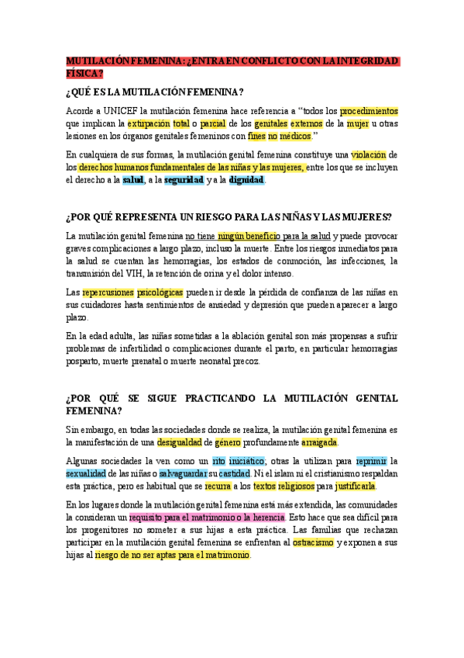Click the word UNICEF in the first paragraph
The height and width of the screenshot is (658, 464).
tap(122, 110)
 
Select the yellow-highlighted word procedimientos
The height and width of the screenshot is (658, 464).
tap(369, 110)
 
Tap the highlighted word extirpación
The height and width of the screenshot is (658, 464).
tap(148, 123)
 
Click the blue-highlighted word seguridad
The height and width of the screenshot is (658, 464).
tap(184, 180)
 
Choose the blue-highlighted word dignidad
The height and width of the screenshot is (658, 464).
tap(246, 180)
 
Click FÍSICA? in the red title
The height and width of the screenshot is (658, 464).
tap(84, 74)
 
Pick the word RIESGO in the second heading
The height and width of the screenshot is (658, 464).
tap(220, 216)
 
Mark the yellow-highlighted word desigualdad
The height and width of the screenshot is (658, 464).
tap(179, 442)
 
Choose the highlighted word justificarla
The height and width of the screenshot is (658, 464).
tap(354, 487)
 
